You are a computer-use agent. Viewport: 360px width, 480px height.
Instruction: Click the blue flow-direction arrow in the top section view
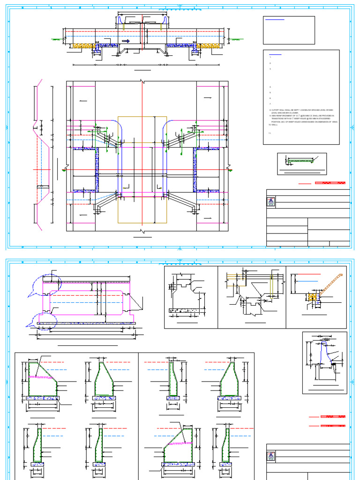tap(125, 41)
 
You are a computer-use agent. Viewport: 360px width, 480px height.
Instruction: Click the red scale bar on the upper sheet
tap(330, 183)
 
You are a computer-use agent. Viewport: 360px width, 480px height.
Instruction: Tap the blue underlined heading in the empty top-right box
tap(274, 20)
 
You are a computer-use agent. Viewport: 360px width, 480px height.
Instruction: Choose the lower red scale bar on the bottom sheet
tap(333, 426)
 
